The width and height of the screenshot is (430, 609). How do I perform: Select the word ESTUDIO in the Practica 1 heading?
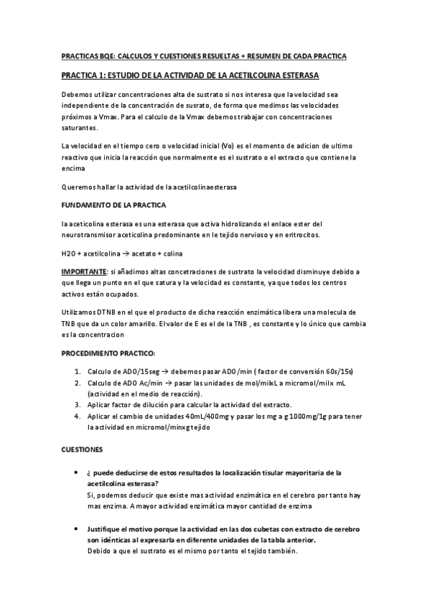[127, 75]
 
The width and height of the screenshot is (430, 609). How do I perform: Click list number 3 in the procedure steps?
[78, 405]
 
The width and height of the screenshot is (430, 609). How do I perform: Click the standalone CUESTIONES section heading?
[82, 450]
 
